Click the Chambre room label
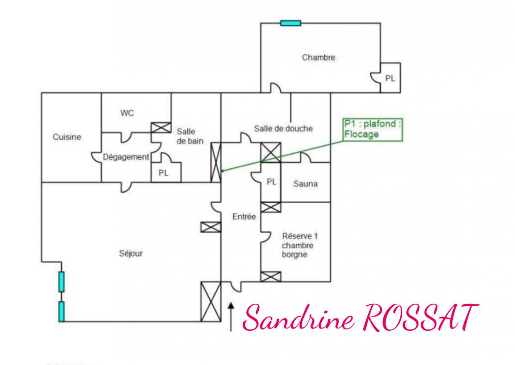[319, 57]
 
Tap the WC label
[127, 113]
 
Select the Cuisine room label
[67, 137]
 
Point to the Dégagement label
[126, 157]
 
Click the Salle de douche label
[283, 128]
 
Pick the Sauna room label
[305, 184]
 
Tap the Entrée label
[244, 216]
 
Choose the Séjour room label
[131, 254]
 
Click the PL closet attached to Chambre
[390, 78]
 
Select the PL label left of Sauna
[271, 182]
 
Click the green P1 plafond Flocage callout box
[372, 130]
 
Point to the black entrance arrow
[231, 317]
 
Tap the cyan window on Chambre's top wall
[291, 23]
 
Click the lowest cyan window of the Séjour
[61, 312]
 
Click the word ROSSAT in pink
[420, 316]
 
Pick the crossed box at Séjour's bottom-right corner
[211, 302]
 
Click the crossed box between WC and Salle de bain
[161, 128]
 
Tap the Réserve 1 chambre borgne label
[300, 245]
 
